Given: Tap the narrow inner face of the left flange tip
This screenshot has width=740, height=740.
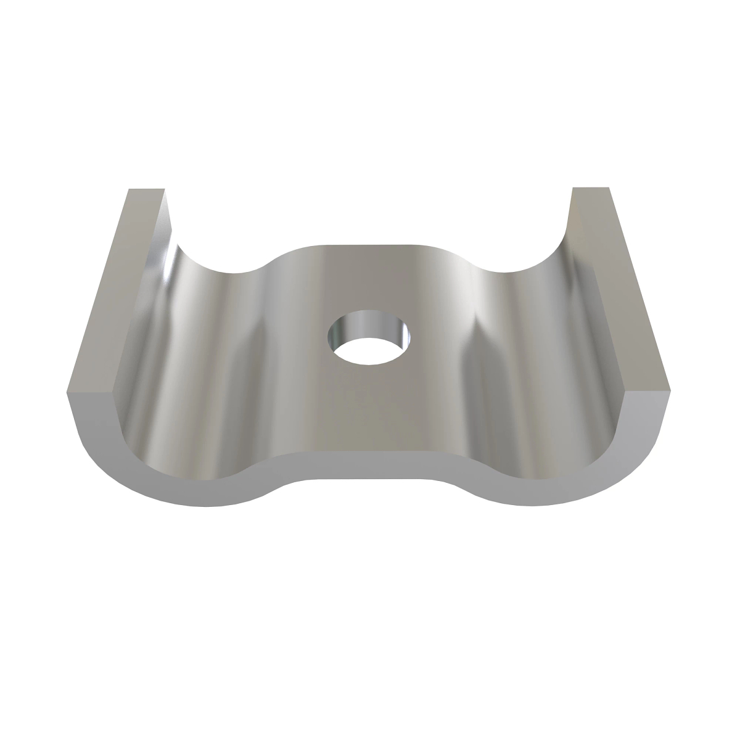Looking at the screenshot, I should point(166,216).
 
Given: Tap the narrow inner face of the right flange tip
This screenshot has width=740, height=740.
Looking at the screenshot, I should point(570,216).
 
